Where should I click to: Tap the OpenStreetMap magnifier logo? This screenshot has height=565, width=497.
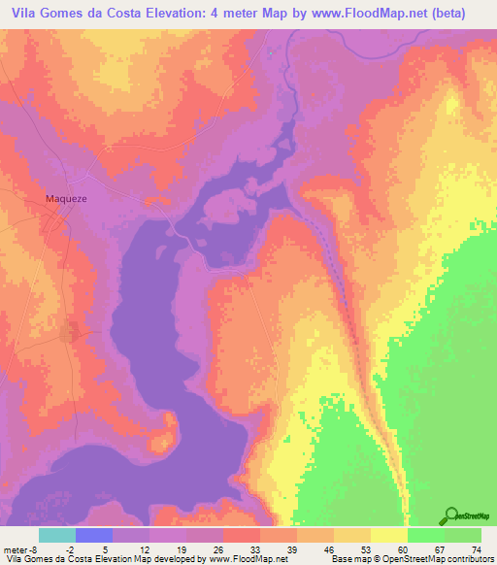[451, 515]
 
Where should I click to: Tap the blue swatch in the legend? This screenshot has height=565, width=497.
[93, 535]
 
